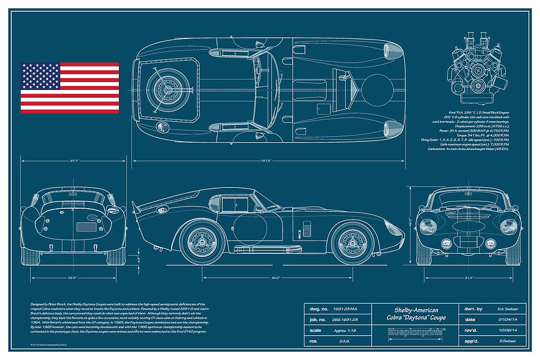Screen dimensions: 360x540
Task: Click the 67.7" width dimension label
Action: pos(74,161)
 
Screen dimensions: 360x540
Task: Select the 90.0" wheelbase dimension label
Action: pos(276,277)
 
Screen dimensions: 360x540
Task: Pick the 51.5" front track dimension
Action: pos(469,277)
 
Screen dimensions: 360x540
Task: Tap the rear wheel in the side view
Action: pos(200,240)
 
